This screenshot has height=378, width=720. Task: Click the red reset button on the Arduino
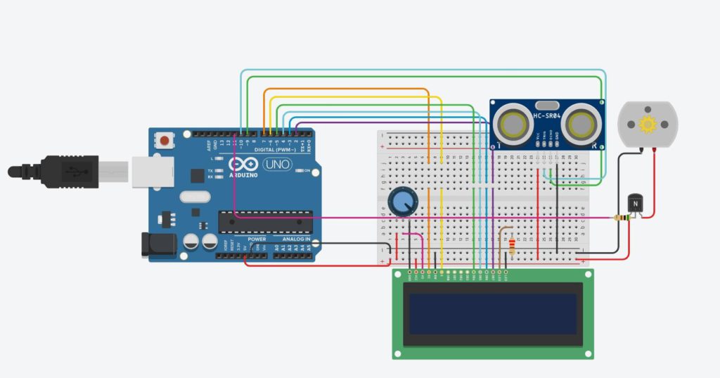(165, 140)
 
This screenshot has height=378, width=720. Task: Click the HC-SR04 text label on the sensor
(547, 115)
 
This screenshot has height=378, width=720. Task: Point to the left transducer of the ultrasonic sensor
(513, 124)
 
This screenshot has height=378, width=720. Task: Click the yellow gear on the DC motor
(647, 125)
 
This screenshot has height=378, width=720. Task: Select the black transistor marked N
(635, 203)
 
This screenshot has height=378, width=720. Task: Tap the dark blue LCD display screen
(492, 314)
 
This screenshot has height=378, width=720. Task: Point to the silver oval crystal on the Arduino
(195, 197)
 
